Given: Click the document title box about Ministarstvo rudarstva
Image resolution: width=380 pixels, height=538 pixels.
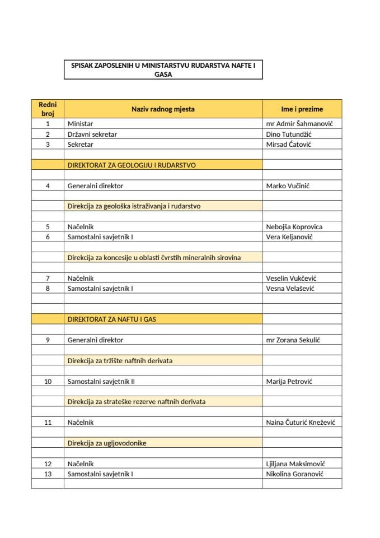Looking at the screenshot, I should point(163,70).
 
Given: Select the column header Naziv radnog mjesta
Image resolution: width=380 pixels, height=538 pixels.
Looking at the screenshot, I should point(163,109).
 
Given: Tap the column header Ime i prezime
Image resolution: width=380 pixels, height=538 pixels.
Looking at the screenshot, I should point(302,109).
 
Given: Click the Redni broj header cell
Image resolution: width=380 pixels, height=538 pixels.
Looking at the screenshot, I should point(48,109).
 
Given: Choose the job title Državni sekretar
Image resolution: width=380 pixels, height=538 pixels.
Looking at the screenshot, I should point(92,134).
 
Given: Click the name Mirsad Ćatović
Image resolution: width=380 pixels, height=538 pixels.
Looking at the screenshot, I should point(289,145).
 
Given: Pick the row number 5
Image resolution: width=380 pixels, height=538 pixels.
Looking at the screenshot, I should point(48,227).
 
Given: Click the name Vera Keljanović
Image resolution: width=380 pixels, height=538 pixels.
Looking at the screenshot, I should point(289,237).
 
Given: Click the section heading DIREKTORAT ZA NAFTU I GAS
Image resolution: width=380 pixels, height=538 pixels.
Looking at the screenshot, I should point(112,319).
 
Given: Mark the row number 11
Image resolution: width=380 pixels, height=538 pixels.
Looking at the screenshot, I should point(48,423).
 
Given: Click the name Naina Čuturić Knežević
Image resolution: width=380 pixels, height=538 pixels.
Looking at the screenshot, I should point(302,423).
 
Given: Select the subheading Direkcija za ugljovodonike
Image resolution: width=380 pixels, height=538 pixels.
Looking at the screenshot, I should point(107,443).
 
